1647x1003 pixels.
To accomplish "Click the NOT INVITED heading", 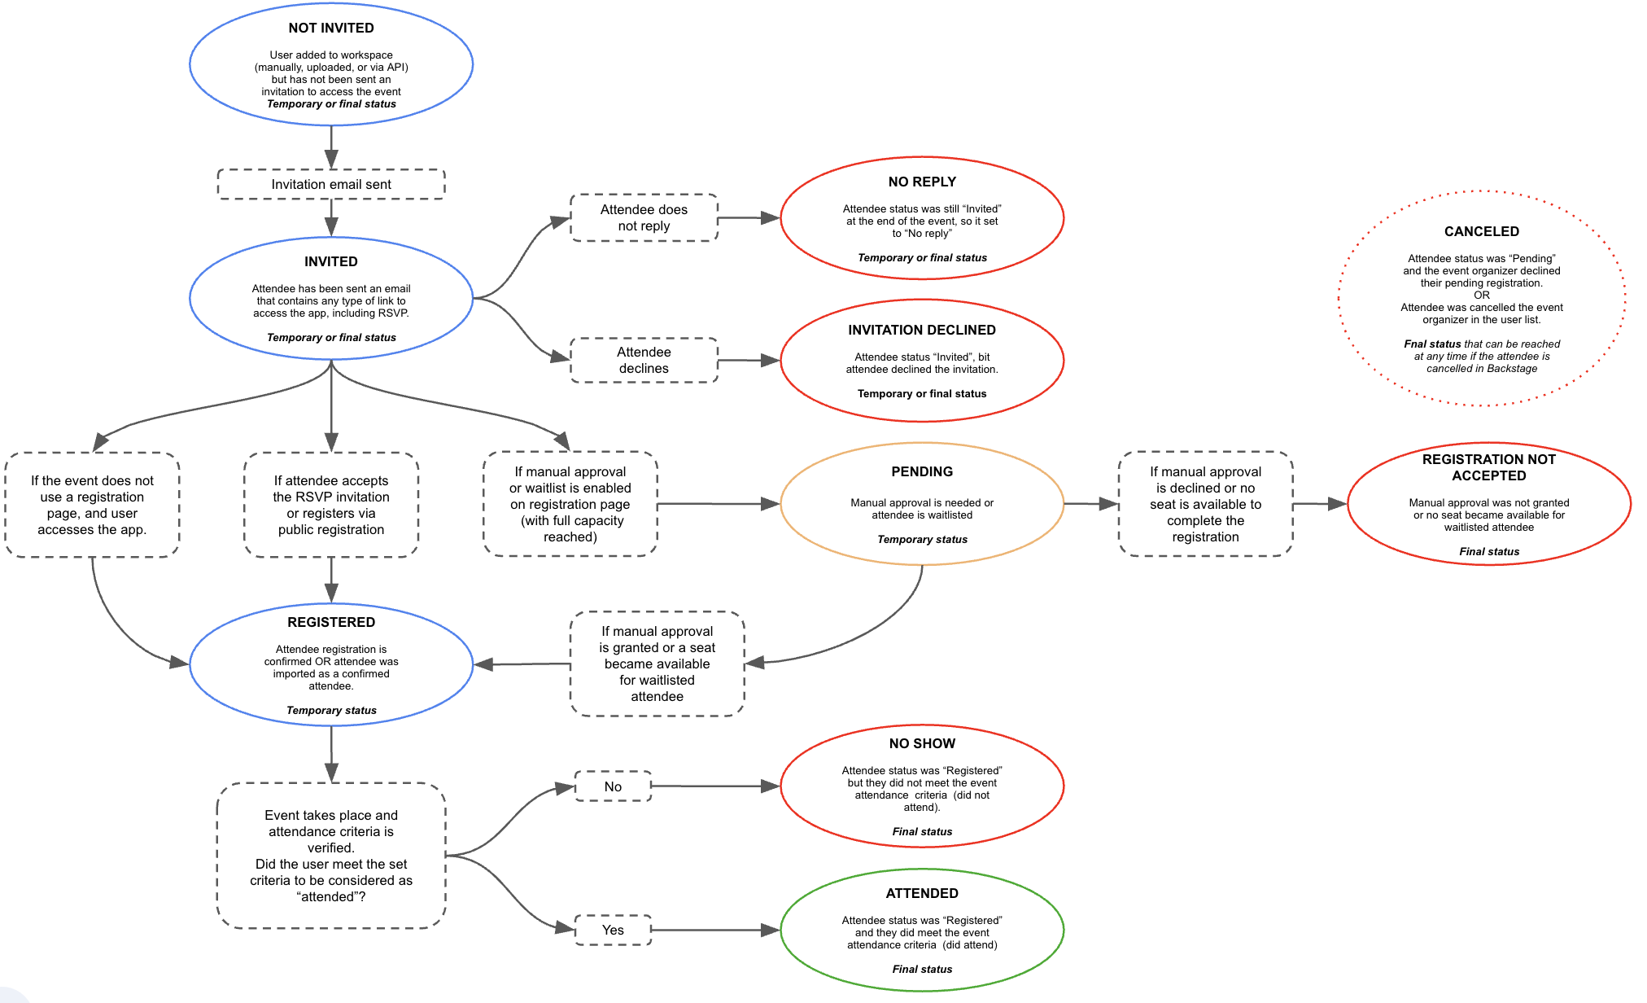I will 331,28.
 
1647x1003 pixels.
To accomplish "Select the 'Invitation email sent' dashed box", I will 331,184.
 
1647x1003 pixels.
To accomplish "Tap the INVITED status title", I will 331,261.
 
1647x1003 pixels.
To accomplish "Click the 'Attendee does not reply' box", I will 644,217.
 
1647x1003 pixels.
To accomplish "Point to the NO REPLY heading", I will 922,182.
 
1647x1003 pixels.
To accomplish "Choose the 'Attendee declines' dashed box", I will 644,360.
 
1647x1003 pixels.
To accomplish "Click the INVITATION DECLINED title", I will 922,330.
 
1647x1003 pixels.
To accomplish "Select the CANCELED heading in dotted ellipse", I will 1481,231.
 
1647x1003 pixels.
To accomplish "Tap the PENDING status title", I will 922,471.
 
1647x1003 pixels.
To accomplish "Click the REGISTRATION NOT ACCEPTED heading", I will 1488,467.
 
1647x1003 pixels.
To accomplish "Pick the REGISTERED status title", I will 331,622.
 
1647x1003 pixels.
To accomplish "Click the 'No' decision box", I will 613,786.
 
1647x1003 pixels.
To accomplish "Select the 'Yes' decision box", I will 613,930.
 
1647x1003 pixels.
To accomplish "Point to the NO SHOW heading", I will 922,743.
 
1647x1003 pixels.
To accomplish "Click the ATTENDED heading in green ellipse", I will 922,893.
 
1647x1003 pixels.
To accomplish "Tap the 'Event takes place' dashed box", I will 331,855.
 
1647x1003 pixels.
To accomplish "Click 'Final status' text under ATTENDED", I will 922,969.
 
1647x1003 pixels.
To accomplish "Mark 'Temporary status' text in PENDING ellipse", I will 922,539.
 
